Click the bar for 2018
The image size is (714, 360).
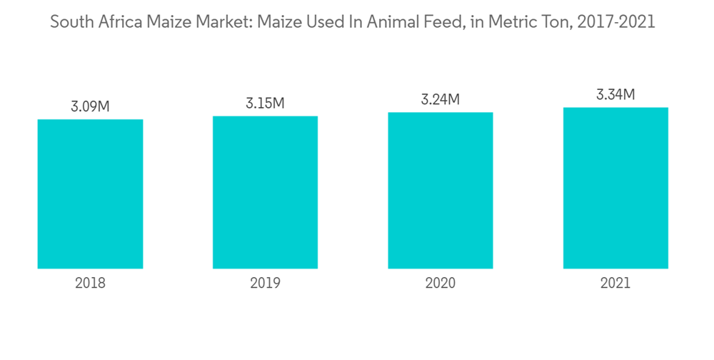[90, 194]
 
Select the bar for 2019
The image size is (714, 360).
[265, 192]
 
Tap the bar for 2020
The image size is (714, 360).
[441, 190]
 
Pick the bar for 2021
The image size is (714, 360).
[615, 188]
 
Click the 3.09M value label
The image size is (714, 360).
[90, 107]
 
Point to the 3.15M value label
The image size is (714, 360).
[265, 104]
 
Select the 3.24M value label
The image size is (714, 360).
[441, 100]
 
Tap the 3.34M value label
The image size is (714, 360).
[615, 95]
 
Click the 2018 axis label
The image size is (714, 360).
[90, 283]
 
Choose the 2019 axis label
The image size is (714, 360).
[265, 283]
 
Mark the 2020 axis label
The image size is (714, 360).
[441, 283]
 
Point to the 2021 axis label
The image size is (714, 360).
[615, 283]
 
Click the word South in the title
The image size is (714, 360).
[70, 22]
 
